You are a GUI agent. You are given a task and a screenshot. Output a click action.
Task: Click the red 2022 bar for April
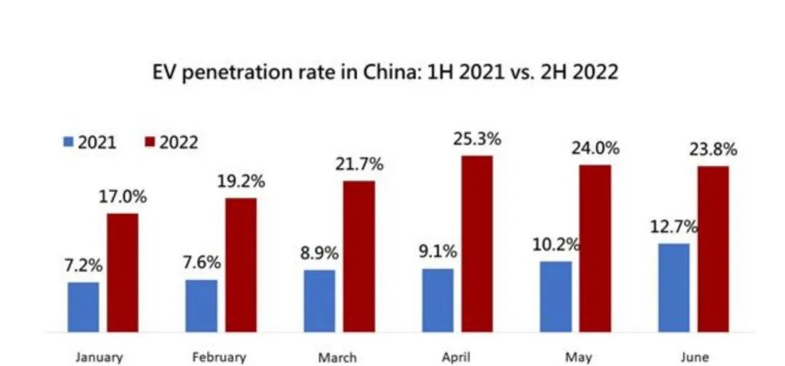coord(476,244)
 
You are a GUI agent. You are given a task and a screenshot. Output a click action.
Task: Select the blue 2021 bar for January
coord(83,306)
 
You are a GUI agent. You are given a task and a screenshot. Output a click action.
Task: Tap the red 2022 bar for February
coord(241,265)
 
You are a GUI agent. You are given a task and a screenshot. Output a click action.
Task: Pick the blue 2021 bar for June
coord(673,287)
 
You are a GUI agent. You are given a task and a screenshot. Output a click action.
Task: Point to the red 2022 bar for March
coord(359,256)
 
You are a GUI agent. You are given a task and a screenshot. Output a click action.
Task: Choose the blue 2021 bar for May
coord(555,296)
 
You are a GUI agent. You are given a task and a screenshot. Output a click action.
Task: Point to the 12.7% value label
coord(673,226)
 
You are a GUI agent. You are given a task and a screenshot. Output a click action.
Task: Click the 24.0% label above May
coord(595,148)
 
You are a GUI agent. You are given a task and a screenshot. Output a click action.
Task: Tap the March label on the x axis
coord(337,357)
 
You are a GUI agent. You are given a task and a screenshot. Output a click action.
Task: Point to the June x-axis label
coord(693,357)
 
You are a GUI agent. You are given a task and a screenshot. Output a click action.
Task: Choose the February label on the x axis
coord(219,357)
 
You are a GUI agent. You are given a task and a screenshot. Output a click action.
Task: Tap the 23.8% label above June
coord(713,150)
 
